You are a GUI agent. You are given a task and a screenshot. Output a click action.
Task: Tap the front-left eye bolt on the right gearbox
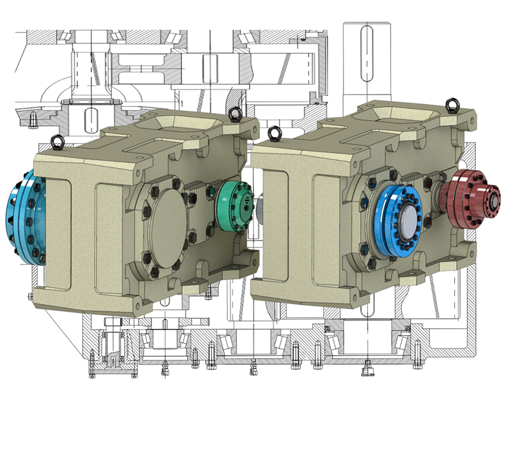click(275, 134)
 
